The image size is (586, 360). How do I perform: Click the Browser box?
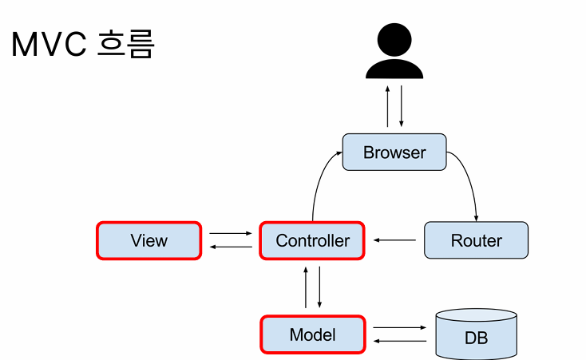click(x=394, y=152)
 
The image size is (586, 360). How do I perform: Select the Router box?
click(x=476, y=240)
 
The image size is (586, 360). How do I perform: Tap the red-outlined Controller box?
click(x=312, y=240)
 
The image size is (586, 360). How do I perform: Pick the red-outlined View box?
click(x=148, y=240)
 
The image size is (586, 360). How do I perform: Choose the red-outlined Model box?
click(x=313, y=334)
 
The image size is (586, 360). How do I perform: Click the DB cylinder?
click(x=476, y=334)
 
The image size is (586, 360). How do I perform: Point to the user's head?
click(x=394, y=40)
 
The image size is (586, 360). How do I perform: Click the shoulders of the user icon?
click(x=394, y=69)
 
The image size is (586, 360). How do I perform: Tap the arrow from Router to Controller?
click(x=394, y=240)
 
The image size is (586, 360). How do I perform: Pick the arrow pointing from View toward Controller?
click(x=231, y=233)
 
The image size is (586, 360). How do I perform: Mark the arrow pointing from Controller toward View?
click(x=231, y=247)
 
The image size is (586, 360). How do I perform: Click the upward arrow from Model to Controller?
click(x=306, y=287)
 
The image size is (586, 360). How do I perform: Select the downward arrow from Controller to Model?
click(x=319, y=287)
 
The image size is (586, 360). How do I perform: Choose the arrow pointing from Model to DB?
click(x=399, y=327)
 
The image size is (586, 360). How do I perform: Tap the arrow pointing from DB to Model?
click(x=399, y=341)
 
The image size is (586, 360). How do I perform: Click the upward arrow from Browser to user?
click(x=387, y=106)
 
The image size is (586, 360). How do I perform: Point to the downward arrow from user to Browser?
click(x=402, y=106)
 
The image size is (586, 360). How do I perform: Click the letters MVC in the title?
click(x=49, y=45)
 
